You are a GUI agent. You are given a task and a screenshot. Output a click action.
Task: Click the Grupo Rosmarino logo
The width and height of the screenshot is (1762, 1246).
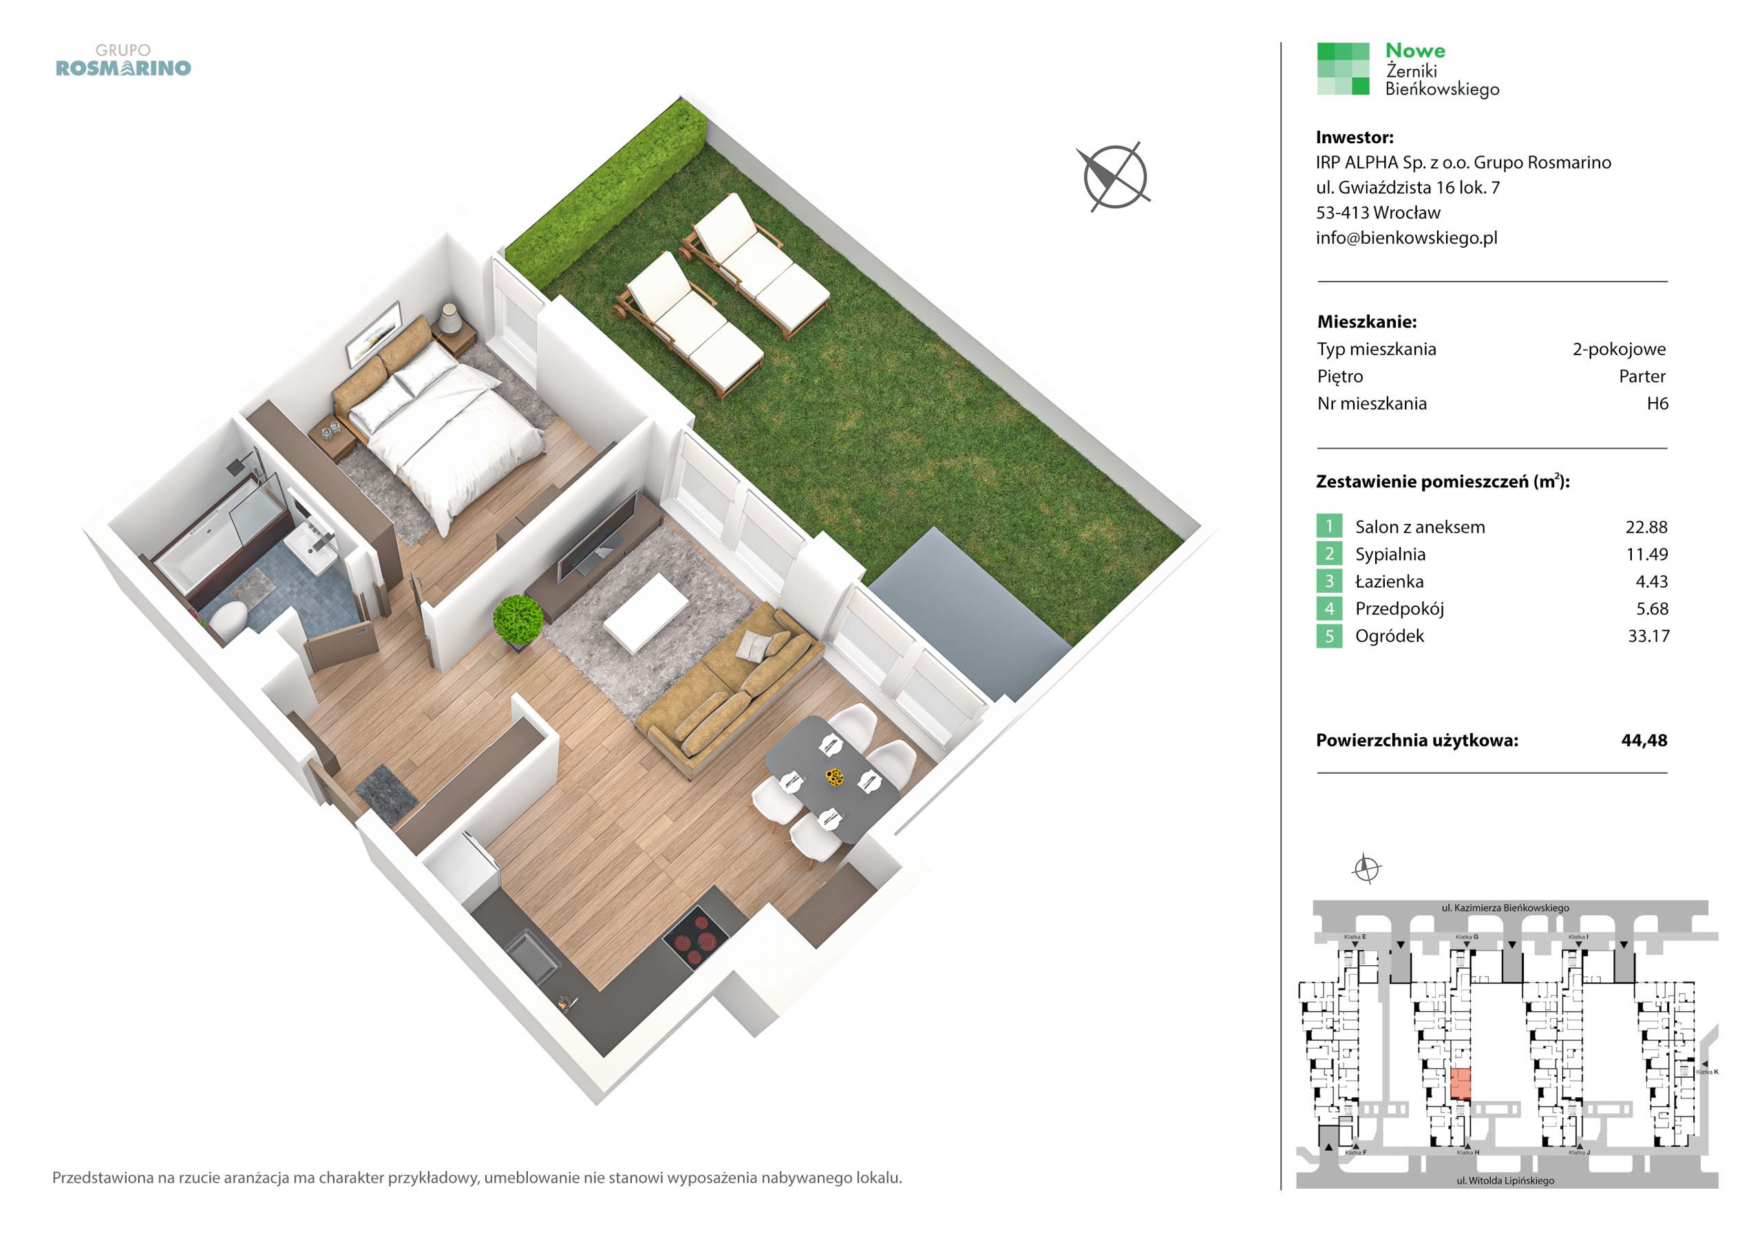[123, 61]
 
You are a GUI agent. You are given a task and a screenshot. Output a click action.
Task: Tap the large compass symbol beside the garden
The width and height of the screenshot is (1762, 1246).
[1114, 177]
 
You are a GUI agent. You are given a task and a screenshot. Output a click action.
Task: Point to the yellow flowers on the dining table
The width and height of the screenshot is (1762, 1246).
[833, 778]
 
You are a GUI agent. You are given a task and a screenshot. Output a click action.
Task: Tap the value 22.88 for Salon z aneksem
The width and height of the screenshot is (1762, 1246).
[1646, 527]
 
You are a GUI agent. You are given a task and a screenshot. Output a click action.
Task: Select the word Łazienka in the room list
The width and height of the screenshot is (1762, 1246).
[1389, 582]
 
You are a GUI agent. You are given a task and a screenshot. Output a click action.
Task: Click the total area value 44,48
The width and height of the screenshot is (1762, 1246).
[1644, 741]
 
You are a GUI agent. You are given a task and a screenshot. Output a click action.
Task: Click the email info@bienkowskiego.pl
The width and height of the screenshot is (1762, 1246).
[1407, 238]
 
